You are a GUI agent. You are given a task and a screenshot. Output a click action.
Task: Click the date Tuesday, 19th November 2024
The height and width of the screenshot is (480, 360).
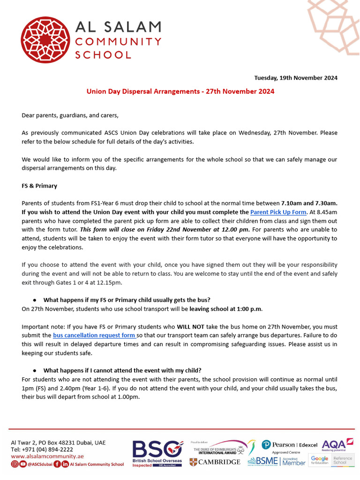tap(295, 78)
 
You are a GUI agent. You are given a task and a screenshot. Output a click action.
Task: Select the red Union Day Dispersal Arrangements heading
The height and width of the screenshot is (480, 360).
tap(180, 91)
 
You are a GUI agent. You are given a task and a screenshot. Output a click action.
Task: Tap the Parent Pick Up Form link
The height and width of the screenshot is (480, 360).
tap(278, 212)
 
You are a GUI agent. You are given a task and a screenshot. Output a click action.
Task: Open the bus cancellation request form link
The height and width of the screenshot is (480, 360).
tap(95, 336)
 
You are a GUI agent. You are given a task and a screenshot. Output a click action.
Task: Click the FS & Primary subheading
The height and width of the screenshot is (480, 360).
tap(39, 186)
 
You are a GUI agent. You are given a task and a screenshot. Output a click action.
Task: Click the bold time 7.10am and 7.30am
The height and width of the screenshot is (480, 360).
tap(309, 203)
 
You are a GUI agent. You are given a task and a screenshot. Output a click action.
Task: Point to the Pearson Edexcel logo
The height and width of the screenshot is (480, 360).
tap(289, 445)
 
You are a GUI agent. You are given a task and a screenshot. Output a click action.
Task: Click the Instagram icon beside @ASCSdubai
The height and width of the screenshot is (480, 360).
tap(15, 464)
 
